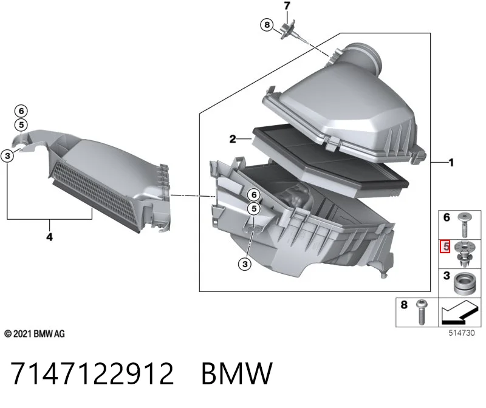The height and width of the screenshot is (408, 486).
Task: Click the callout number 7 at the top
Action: tap(287, 5)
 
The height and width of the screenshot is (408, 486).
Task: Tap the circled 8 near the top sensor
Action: tap(267, 24)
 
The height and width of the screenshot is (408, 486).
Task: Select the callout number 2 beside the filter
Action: tap(233, 139)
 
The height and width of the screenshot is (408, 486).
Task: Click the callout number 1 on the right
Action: tap(451, 162)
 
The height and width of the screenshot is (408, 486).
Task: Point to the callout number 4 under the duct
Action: tap(50, 237)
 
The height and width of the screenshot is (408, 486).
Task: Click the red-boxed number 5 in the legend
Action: tap(445, 247)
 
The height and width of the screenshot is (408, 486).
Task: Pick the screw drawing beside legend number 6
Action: tap(464, 225)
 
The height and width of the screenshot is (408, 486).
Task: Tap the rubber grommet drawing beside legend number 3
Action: tap(464, 284)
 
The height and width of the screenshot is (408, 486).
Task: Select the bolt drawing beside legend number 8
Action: tap(421, 312)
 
